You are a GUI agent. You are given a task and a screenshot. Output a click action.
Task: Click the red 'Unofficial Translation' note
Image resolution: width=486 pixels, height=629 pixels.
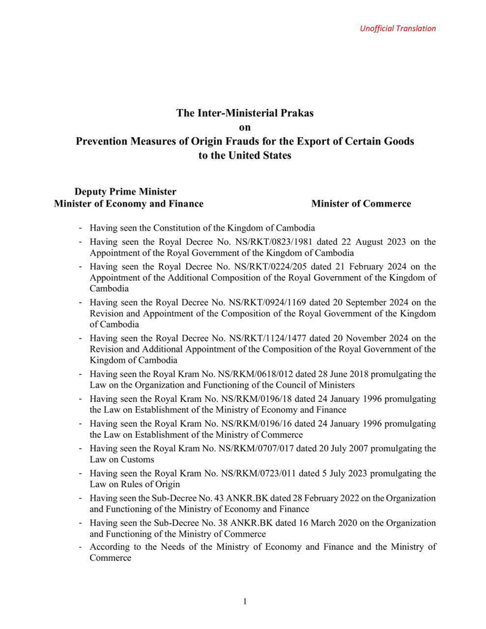point(398,28)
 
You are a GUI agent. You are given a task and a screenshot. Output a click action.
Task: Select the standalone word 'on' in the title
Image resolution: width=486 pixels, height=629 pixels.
point(245,127)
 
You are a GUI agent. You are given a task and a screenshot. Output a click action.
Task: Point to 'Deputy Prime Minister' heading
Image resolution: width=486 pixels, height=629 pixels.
point(125,192)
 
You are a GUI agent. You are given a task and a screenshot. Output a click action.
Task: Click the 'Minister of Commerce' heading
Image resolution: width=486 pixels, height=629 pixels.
point(361,204)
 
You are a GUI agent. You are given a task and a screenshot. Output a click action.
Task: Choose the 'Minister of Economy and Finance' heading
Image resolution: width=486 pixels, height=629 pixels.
point(129,204)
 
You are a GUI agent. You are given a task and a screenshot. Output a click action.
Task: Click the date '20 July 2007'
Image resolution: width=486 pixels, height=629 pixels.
point(324,449)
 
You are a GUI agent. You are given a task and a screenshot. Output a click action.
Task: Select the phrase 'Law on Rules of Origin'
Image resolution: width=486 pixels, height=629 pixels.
point(135,484)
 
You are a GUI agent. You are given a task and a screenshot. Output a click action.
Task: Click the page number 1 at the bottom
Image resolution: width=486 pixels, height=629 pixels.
point(245,602)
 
